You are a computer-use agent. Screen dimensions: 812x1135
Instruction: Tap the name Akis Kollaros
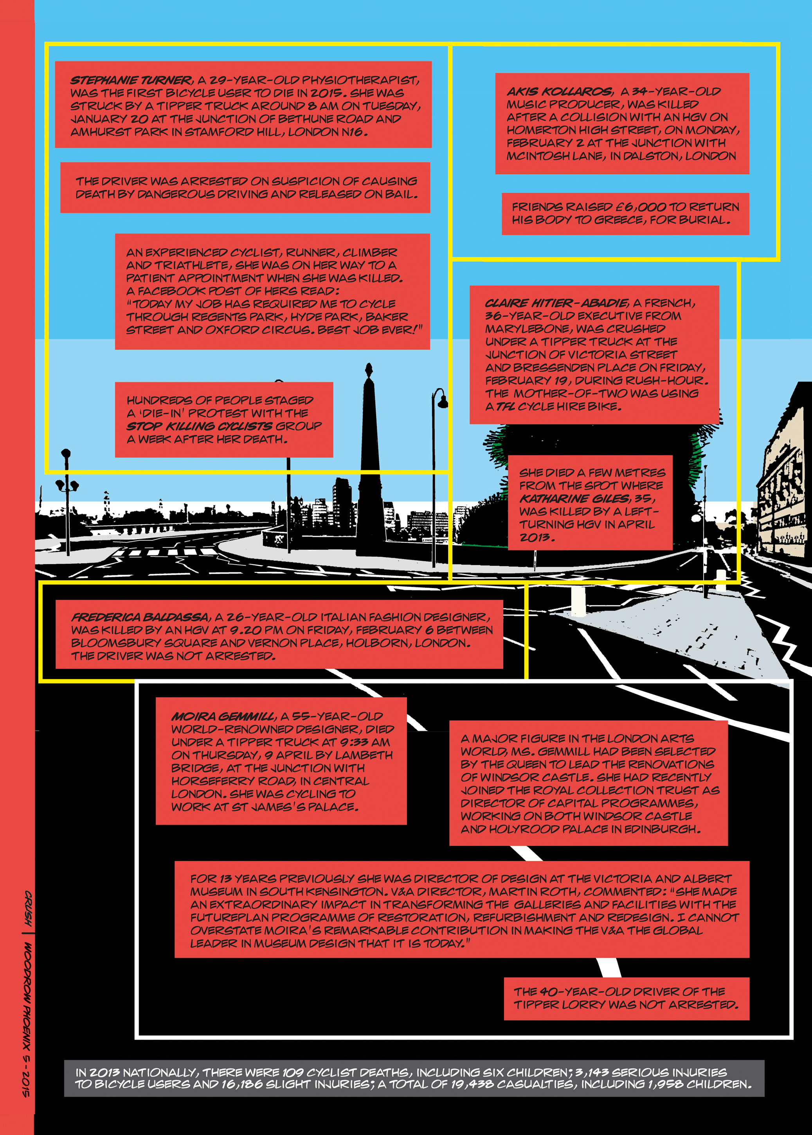559,92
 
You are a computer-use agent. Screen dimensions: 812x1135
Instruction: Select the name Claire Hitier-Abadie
556,303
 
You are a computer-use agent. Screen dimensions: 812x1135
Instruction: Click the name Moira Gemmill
223,716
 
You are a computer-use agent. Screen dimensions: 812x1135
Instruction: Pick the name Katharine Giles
574,498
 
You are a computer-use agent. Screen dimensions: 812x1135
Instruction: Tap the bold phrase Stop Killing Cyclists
200,426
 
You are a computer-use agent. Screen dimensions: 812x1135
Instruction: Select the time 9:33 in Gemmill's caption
355,742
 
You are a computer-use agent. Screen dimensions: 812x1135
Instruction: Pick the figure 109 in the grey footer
292,1072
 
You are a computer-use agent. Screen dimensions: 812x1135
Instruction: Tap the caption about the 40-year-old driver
626,998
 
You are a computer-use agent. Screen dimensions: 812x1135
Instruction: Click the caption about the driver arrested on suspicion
245,187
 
